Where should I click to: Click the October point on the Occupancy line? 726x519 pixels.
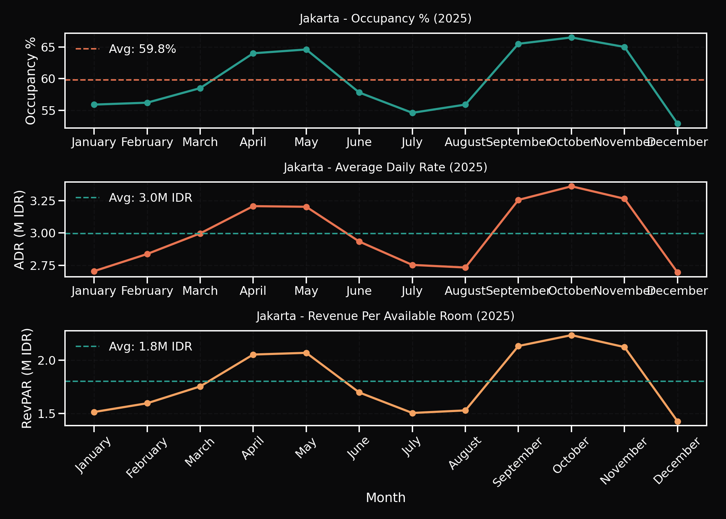[571, 37]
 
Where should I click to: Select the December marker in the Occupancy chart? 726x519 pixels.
[678, 124]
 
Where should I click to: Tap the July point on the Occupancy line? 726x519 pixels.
[412, 113]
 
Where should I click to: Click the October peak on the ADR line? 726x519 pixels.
[571, 186]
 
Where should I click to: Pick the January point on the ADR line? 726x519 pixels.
[94, 271]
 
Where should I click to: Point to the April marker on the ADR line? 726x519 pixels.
[253, 206]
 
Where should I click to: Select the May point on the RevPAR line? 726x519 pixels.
[306, 353]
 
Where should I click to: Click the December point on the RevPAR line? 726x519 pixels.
[678, 421]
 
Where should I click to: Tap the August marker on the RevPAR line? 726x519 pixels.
[465, 410]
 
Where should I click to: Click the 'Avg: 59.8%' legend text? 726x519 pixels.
[142, 49]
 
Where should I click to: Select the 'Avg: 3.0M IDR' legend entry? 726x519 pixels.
[150, 198]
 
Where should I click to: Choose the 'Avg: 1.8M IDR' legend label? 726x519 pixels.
[150, 347]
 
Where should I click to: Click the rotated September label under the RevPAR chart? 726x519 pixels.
[517, 462]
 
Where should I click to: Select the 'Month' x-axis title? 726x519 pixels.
[385, 498]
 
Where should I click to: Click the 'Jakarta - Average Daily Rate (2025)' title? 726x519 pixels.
[385, 167]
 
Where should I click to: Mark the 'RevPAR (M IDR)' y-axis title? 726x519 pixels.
[27, 378]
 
